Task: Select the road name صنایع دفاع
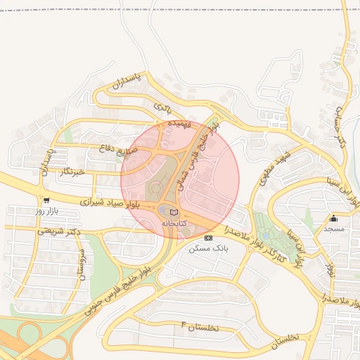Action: click(131, 149)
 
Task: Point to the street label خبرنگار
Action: click(72, 172)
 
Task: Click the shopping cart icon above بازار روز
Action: click(46, 200)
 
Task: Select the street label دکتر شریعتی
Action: click(59, 231)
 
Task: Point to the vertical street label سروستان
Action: click(82, 264)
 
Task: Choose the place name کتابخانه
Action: click(174, 222)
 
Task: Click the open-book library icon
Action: click(174, 212)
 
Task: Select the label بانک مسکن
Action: click(207, 249)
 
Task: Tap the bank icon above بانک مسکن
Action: click(207, 238)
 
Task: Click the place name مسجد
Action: click(333, 229)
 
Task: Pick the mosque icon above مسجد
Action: click(333, 218)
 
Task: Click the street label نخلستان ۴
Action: click(200, 326)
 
